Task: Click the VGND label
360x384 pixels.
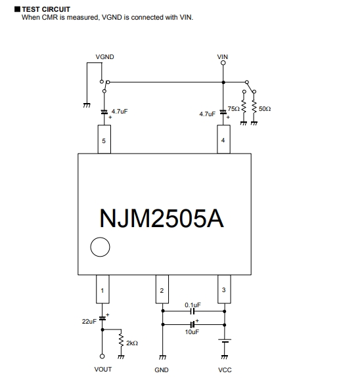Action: click(x=104, y=57)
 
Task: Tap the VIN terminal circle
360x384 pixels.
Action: click(x=223, y=63)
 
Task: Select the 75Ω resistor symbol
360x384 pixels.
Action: click(x=244, y=106)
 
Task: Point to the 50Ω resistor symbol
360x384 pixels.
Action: click(x=254, y=106)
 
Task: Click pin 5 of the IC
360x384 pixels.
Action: click(x=104, y=139)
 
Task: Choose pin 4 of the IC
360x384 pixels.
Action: click(x=223, y=139)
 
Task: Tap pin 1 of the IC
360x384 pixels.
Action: click(x=102, y=289)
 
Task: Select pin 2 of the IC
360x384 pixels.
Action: click(x=162, y=289)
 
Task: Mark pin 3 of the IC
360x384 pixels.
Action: click(x=224, y=289)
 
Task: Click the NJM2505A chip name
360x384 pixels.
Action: click(x=162, y=218)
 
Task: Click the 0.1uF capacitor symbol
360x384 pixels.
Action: click(x=192, y=311)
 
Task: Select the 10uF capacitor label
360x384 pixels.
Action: click(x=192, y=332)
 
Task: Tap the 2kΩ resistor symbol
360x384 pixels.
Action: click(x=121, y=340)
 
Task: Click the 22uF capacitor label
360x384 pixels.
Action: click(x=89, y=321)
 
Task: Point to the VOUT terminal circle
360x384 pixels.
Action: click(x=102, y=356)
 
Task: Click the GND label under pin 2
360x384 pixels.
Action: click(x=162, y=370)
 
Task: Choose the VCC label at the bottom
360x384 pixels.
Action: click(x=225, y=370)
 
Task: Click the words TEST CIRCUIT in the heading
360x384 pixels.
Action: click(x=46, y=9)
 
